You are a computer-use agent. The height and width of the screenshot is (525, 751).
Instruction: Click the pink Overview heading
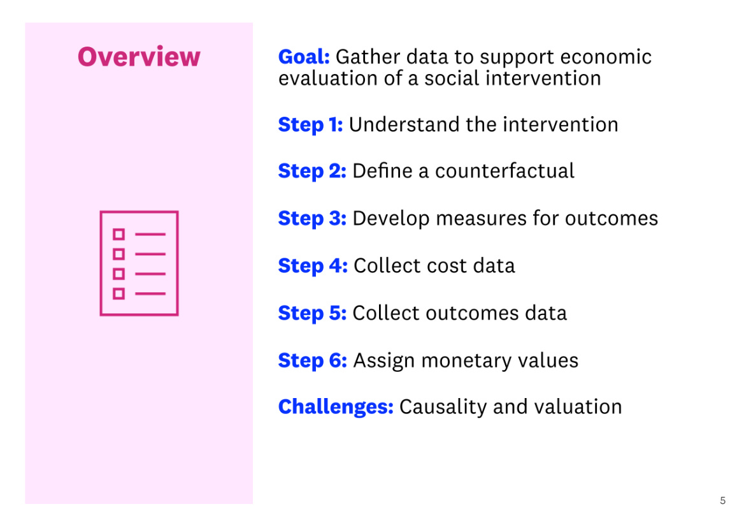(139, 57)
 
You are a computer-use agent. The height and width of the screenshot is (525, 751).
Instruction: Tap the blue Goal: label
(303, 57)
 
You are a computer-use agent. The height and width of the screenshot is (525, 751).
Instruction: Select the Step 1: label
(310, 124)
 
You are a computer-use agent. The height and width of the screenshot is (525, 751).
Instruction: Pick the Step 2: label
(312, 171)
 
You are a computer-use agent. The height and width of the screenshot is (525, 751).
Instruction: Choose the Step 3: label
(312, 219)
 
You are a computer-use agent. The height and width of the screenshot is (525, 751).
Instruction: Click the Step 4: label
(313, 265)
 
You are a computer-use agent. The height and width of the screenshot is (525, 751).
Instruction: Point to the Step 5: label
(312, 313)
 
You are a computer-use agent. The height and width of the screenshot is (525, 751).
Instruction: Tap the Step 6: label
(312, 360)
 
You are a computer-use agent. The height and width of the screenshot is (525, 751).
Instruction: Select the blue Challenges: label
(336, 407)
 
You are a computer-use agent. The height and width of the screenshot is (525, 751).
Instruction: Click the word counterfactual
(504, 171)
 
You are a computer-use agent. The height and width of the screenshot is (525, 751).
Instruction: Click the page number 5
(722, 501)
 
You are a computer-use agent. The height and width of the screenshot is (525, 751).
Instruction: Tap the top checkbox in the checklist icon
(118, 234)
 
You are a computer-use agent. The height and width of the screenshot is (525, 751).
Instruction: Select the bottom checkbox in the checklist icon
(118, 293)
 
